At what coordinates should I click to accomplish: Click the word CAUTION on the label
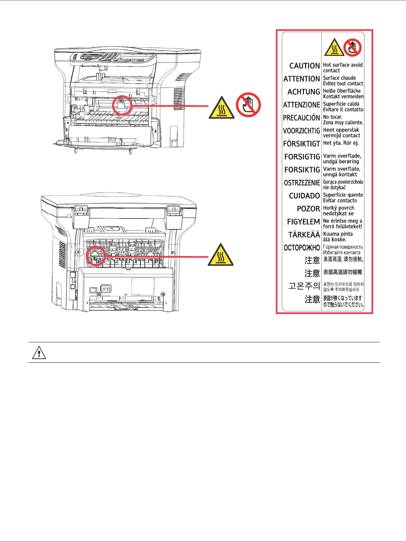(x=304, y=66)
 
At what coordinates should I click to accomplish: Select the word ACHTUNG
(x=304, y=92)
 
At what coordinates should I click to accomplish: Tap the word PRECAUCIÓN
(x=301, y=118)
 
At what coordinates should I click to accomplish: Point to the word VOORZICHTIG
(x=301, y=131)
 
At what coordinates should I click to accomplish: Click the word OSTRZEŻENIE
(x=302, y=183)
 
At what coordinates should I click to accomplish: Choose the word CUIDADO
(x=304, y=196)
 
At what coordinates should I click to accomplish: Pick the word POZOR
(x=308, y=209)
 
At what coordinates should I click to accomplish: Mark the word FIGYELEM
(x=303, y=222)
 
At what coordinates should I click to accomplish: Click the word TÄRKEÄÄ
(x=304, y=235)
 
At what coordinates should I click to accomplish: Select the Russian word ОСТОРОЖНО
(x=302, y=248)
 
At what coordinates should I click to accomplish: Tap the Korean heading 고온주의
(x=304, y=286)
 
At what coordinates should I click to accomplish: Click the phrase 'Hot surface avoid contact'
(x=343, y=68)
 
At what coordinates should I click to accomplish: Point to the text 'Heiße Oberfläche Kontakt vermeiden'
(x=343, y=94)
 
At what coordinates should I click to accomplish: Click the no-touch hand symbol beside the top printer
(x=248, y=105)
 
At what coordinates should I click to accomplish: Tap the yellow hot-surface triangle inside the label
(x=334, y=48)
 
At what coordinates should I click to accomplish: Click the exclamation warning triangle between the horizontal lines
(x=39, y=353)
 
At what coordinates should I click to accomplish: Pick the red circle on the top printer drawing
(x=122, y=103)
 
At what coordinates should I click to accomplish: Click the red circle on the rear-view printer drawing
(x=96, y=256)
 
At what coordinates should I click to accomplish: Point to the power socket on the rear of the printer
(x=106, y=289)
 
